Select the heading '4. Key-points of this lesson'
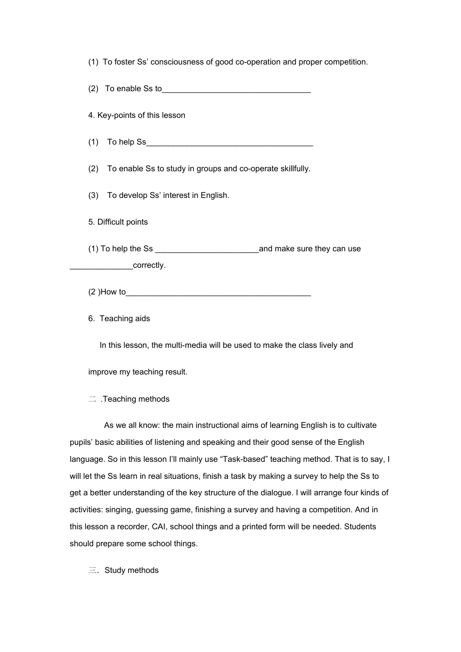(x=137, y=115)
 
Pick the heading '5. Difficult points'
(x=118, y=222)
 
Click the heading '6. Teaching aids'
(x=119, y=319)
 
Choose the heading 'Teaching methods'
(x=136, y=399)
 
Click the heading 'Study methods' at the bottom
(x=132, y=570)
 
